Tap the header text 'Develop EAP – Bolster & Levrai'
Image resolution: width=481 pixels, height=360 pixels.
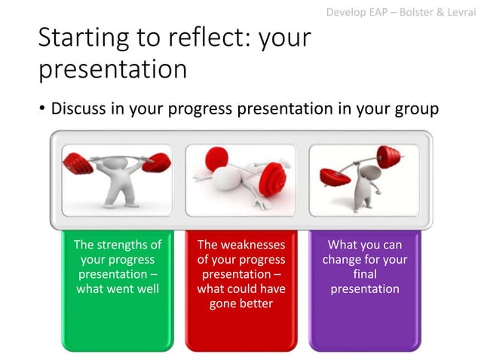tap(401, 12)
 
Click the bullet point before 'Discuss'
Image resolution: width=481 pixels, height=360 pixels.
tap(42, 110)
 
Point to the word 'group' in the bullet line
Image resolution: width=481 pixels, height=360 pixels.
tap(415, 110)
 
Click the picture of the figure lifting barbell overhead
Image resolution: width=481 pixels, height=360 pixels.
tap(117, 180)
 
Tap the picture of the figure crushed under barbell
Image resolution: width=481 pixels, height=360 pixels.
tap(240, 180)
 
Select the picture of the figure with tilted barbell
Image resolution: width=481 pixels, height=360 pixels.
tap(364, 180)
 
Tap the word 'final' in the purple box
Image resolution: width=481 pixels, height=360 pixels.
tap(365, 274)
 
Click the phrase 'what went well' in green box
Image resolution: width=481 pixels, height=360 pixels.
tap(117, 288)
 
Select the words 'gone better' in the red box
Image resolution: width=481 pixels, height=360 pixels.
tap(240, 303)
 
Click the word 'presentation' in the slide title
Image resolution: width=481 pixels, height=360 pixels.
tap(112, 69)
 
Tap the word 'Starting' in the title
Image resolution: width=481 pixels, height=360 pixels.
tap(82, 38)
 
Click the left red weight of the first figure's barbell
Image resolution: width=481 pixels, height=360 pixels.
tap(78, 162)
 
